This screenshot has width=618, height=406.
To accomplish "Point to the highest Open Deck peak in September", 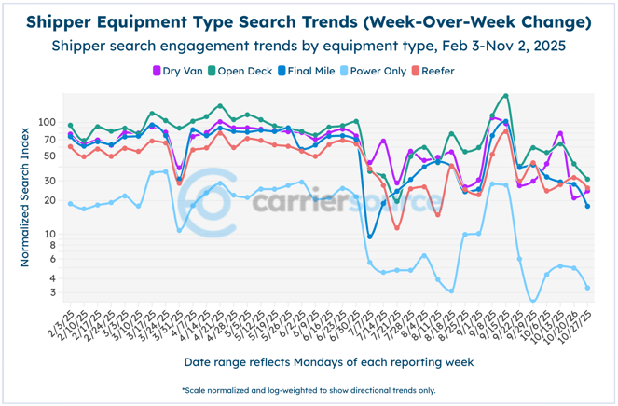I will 505,96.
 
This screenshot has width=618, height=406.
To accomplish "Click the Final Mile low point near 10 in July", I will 370,237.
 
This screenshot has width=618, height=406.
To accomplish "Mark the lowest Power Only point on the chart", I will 533,301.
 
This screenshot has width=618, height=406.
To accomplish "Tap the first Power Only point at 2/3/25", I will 71,204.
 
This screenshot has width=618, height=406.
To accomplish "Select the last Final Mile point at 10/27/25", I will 587,206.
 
